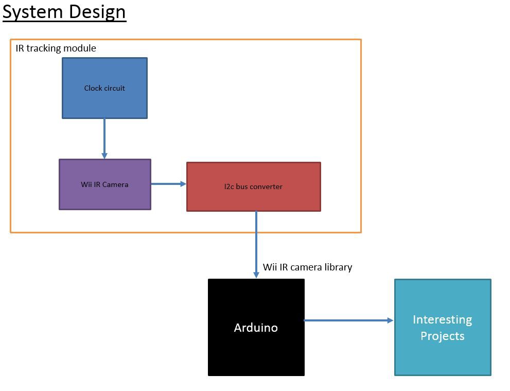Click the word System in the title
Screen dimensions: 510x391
point(32,12)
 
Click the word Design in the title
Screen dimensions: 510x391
point(97,13)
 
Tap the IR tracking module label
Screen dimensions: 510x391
point(56,48)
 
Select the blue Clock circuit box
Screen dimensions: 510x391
point(105,88)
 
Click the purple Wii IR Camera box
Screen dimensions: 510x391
point(105,184)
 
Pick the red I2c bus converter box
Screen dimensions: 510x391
point(254,186)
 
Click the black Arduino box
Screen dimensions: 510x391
point(256,327)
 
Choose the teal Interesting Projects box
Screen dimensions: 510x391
point(443,327)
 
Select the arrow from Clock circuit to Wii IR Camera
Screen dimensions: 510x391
point(104,139)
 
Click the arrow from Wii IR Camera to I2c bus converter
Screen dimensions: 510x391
point(168,184)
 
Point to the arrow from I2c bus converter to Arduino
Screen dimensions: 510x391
point(256,245)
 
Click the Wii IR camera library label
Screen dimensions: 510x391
point(307,267)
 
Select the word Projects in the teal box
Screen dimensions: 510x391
point(443,336)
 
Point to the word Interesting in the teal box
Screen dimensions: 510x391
point(443,320)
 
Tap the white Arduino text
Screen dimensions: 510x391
point(256,328)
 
